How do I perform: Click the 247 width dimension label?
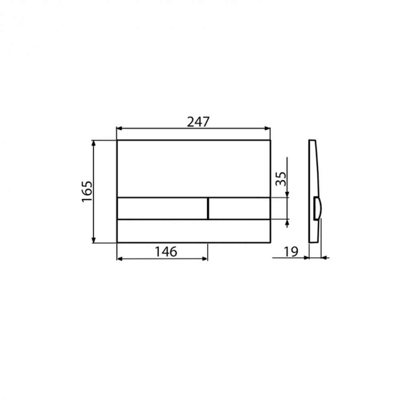(x=198, y=122)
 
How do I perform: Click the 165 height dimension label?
(x=87, y=192)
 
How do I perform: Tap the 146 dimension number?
(x=166, y=252)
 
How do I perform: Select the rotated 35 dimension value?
(x=281, y=179)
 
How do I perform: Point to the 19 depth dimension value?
(x=291, y=252)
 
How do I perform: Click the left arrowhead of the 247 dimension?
(x=120, y=128)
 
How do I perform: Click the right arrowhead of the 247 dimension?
(x=267, y=128)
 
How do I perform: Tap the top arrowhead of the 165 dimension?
(x=94, y=144)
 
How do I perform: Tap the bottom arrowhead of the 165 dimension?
(x=94, y=240)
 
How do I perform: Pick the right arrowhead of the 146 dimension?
(x=205, y=258)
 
